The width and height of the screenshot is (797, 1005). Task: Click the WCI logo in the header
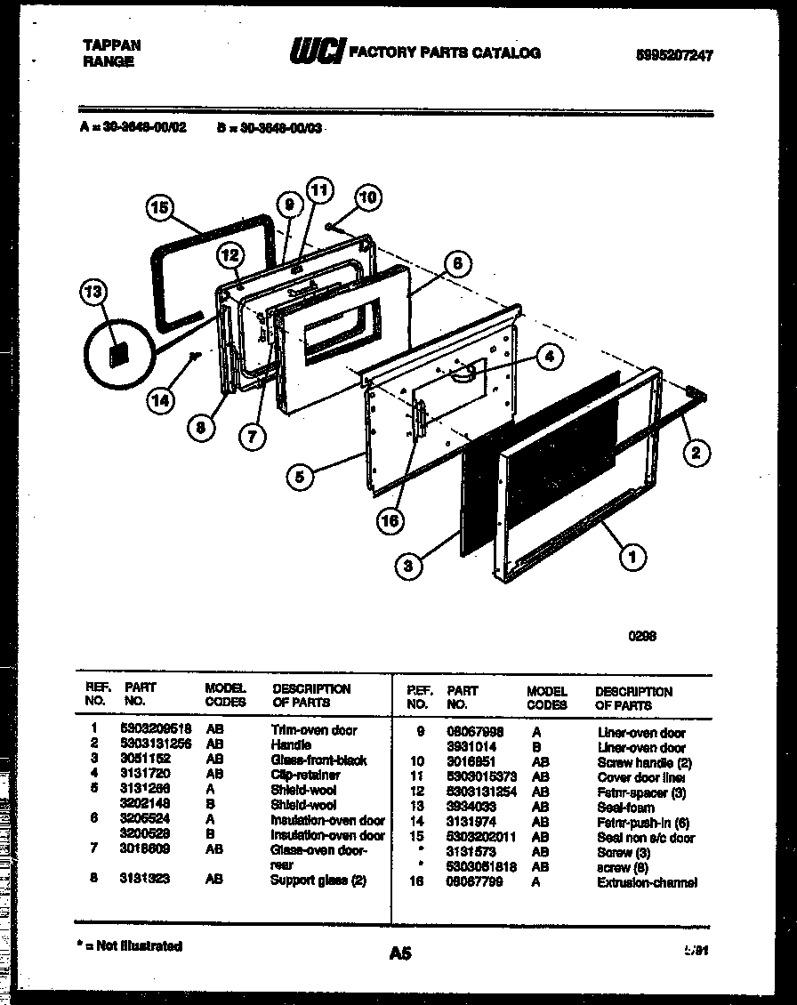coord(316,53)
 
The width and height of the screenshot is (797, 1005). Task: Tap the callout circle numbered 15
coord(159,209)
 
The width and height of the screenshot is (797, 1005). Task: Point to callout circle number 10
coord(367,197)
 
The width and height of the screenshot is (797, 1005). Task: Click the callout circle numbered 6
coord(456,263)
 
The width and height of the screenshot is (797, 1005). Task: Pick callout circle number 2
coord(696,453)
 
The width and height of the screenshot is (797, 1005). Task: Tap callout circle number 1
coord(632,558)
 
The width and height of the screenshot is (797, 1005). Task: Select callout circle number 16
coord(389,521)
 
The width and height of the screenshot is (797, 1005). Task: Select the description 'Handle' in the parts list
coord(291,744)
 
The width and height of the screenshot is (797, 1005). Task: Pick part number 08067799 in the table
coord(475,882)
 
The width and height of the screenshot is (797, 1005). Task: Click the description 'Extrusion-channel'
coord(647,882)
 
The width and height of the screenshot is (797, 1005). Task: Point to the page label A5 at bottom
coord(400,953)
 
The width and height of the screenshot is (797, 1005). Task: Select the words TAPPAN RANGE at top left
coord(111,53)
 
